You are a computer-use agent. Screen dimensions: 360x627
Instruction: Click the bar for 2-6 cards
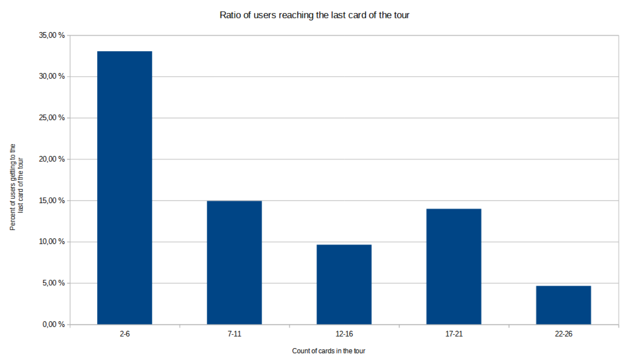[125, 188]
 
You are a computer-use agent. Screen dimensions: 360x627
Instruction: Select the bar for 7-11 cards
[234, 263]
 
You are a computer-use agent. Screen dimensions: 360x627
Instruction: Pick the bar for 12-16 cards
[344, 284]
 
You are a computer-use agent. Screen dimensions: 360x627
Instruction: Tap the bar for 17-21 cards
[454, 266]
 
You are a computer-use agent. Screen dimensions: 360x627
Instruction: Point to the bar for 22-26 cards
[563, 305]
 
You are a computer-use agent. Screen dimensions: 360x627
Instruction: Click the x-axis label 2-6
[125, 334]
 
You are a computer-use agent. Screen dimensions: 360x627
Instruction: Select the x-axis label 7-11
[234, 334]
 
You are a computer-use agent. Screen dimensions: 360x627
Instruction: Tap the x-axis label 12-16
[344, 334]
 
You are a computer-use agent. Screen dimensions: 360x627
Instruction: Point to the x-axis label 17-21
[454, 334]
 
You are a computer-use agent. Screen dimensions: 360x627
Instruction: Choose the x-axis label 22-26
[563, 334]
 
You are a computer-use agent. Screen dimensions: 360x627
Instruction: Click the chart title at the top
[315, 15]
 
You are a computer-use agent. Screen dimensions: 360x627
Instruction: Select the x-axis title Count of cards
[329, 351]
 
